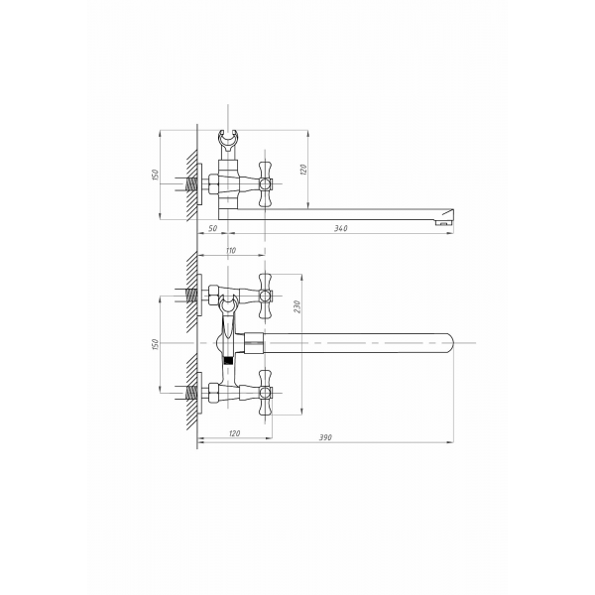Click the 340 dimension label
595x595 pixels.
point(340,228)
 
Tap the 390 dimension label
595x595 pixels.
point(325,437)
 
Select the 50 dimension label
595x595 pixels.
point(213,228)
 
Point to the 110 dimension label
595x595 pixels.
point(231,251)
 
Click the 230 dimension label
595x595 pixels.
point(297,306)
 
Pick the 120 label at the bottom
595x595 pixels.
point(234,433)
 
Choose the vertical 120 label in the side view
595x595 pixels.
point(303,170)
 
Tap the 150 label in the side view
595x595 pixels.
point(156,175)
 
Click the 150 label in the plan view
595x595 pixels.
point(155,344)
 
